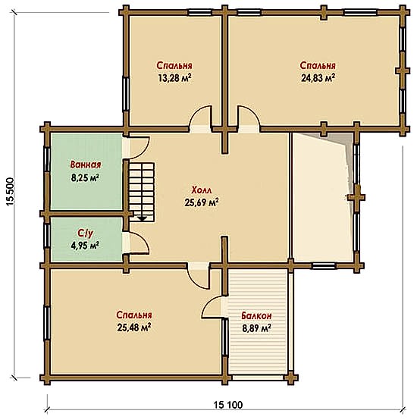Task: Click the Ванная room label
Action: tap(86, 165)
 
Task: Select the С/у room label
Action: tap(86, 234)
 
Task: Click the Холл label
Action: tap(202, 190)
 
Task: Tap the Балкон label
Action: tap(256, 316)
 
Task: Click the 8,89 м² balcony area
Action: tap(256, 328)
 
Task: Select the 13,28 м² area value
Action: tap(174, 78)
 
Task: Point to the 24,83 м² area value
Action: tap(318, 78)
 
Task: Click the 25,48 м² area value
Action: tap(134, 327)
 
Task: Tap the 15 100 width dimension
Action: tap(228, 405)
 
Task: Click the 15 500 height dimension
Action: tap(10, 192)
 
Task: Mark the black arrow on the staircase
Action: tap(143, 218)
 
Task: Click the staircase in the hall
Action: tap(142, 192)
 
